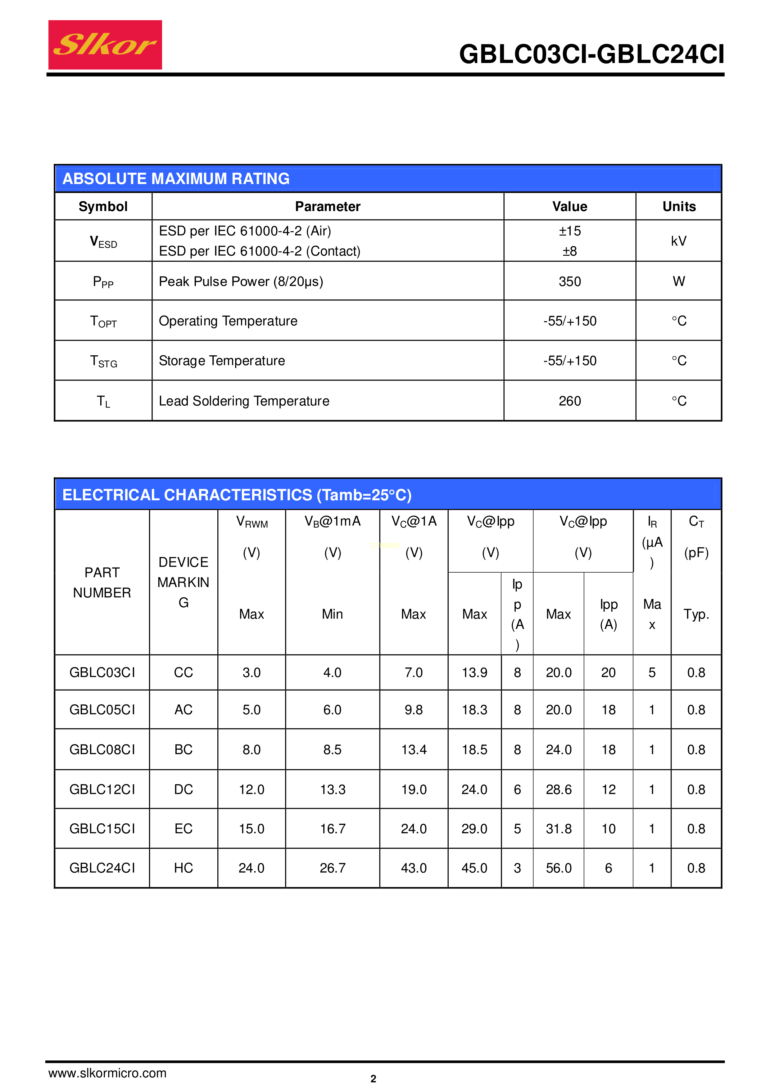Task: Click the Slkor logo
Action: (105, 45)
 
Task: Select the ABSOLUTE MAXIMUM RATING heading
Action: (176, 179)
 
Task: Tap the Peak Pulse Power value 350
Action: (569, 282)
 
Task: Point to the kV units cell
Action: (678, 241)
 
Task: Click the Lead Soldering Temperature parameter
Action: (244, 401)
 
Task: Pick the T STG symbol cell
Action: (103, 362)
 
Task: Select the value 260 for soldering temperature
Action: (569, 401)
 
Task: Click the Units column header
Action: (678, 207)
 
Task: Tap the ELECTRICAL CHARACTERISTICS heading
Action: (237, 495)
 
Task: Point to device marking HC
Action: (183, 868)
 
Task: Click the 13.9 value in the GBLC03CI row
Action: (474, 673)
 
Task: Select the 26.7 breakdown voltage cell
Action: (332, 868)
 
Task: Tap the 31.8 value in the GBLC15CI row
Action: (558, 829)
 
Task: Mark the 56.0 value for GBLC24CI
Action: (558, 868)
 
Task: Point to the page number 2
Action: (374, 1078)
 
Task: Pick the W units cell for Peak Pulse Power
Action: (678, 282)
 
